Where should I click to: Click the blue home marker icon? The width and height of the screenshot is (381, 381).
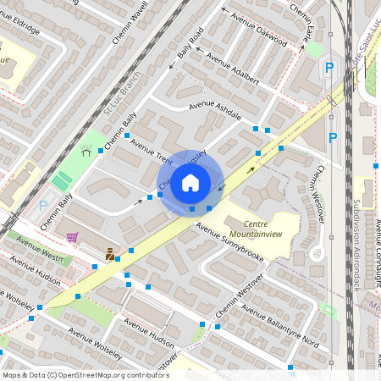pos(190,182)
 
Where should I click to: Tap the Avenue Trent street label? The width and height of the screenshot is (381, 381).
pos(153,156)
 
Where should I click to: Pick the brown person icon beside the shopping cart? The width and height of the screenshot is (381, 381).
pos(110,252)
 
